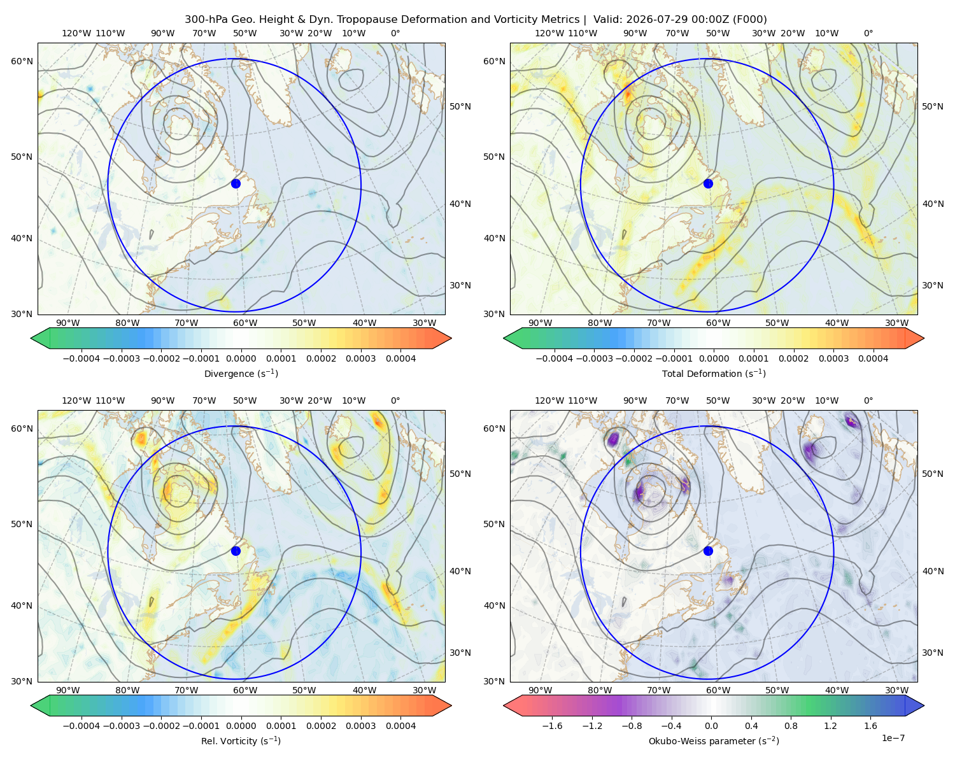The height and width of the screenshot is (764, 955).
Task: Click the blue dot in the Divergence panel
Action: pos(236,183)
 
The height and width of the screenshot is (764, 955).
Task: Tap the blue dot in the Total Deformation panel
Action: pos(708,183)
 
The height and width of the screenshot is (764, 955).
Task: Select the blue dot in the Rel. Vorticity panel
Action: pos(236,551)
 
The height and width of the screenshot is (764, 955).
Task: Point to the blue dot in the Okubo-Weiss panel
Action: pos(708,551)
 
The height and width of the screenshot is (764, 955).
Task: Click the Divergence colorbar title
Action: pos(241,373)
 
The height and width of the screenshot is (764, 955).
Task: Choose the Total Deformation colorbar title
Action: pos(714,373)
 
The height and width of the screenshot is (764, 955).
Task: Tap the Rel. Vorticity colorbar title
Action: pos(241,740)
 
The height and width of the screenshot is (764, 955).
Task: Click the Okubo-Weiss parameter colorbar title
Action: pos(714,740)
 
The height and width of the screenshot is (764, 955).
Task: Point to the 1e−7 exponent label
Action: pos(893,738)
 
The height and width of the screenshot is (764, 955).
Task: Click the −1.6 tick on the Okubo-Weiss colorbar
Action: pos(553,725)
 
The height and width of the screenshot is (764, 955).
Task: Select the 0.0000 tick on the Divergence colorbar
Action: pos(241,358)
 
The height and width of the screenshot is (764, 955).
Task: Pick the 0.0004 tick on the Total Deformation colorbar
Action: pos(873,358)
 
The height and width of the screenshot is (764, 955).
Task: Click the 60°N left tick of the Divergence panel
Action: pos(22,61)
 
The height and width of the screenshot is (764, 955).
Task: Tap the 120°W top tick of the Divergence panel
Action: pos(76,33)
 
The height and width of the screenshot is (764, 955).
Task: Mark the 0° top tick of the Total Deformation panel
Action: pos(868,33)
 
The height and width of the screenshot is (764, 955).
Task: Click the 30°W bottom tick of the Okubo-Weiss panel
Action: pos(896,690)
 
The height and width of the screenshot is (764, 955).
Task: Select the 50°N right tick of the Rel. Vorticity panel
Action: pos(460,474)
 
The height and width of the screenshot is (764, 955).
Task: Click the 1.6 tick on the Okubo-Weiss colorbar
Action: pos(870,725)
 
